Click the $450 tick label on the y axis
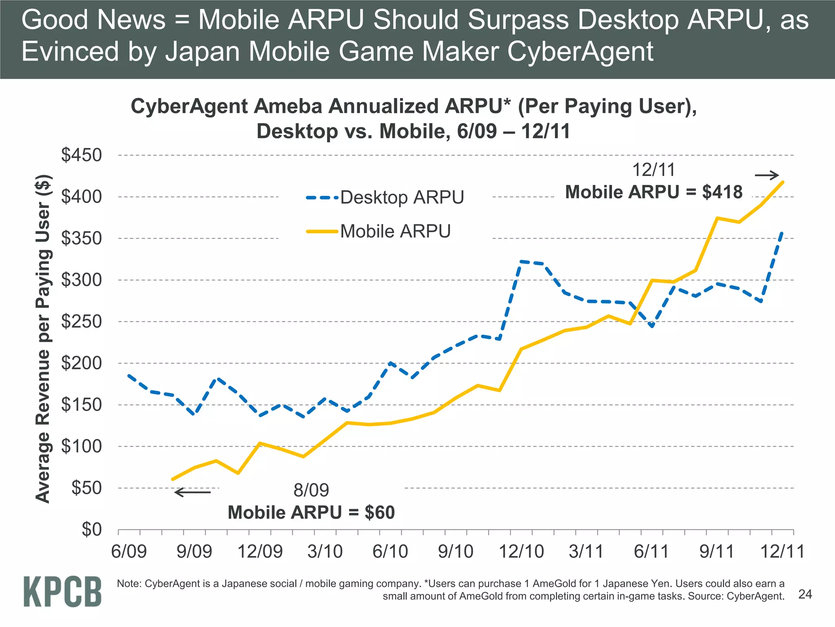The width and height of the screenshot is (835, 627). click(x=81, y=156)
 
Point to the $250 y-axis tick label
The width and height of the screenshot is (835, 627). click(x=81, y=322)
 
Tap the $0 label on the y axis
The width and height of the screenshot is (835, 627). click(x=91, y=529)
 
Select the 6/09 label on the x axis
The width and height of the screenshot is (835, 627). click(x=129, y=551)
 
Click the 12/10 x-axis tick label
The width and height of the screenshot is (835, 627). click(x=521, y=551)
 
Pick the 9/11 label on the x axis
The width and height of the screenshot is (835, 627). click(x=716, y=551)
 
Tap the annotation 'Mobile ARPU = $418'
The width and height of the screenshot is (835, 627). click(x=654, y=192)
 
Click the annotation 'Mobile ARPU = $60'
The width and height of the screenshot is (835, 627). click(x=311, y=513)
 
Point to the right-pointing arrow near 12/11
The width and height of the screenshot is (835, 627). click(x=767, y=176)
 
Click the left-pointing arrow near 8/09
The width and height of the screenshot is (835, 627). click(x=192, y=492)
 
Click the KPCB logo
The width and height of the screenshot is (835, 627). click(x=62, y=591)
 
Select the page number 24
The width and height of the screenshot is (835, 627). click(x=805, y=594)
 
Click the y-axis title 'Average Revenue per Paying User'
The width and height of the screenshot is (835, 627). click(x=43, y=339)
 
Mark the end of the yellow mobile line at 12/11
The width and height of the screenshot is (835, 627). click(x=782, y=182)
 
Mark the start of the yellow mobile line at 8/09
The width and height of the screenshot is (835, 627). click(x=173, y=479)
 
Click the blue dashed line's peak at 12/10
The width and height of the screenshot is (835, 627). click(x=521, y=261)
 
